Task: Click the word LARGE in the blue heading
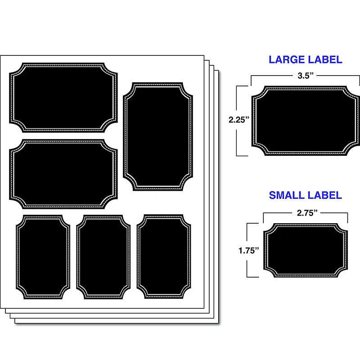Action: pyautogui.click(x=286, y=59)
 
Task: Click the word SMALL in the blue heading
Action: pyautogui.click(x=286, y=195)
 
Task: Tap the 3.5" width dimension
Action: pyautogui.click(x=306, y=76)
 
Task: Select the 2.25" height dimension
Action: pyautogui.click(x=238, y=120)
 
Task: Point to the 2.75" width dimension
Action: pyautogui.click(x=305, y=213)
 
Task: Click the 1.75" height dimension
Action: pyautogui.click(x=249, y=250)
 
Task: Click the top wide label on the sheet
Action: pyautogui.click(x=63, y=98)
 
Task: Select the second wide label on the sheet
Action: pyautogui.click(x=63, y=174)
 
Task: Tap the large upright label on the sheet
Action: pyautogui.click(x=158, y=136)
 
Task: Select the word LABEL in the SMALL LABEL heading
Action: pyautogui.click(x=324, y=195)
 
